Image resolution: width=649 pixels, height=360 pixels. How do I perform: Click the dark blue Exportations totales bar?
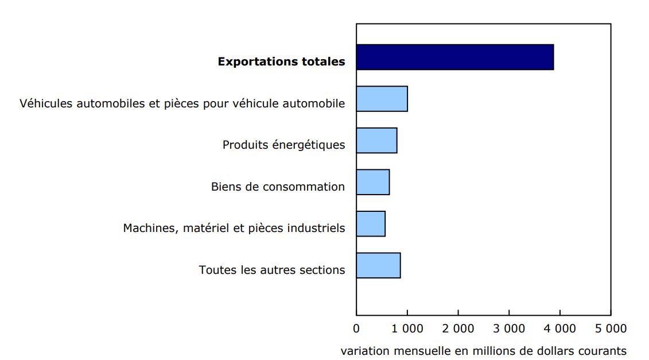click(454, 57)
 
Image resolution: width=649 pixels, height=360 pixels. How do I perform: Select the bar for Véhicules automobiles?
click(382, 99)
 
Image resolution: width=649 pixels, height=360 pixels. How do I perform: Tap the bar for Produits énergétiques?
click(376, 140)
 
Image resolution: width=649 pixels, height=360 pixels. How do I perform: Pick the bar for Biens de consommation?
click(372, 182)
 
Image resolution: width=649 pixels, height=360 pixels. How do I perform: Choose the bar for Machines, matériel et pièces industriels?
click(371, 223)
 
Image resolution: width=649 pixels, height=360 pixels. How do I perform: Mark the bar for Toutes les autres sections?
click(378, 265)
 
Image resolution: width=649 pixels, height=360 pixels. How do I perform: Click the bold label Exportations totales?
click(281, 61)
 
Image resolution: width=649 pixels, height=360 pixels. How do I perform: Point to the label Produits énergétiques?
click(283, 145)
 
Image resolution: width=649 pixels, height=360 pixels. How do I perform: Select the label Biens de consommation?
click(278, 187)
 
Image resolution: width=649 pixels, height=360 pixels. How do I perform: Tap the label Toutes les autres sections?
click(272, 270)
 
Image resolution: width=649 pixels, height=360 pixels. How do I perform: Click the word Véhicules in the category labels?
click(45, 103)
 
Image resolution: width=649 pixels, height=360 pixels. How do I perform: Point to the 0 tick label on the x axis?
click(356, 328)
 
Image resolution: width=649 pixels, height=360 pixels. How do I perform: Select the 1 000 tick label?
click(407, 328)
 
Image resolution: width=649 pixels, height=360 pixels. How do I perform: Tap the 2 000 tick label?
click(458, 328)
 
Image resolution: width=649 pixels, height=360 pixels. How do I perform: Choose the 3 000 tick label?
click(509, 328)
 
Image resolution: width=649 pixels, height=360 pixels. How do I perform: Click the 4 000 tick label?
click(559, 328)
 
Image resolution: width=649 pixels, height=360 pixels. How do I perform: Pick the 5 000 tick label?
click(611, 328)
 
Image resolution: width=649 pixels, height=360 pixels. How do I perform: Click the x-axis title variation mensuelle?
click(483, 350)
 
